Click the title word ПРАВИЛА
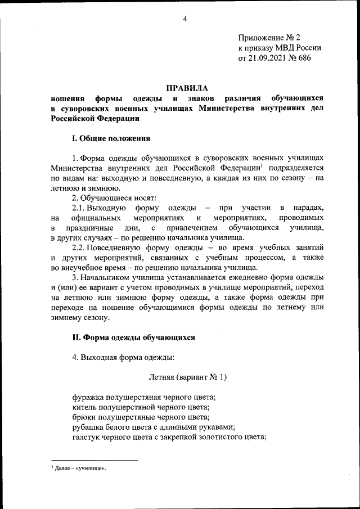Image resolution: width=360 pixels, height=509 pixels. click(186, 88)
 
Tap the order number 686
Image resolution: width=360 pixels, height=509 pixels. click(304, 57)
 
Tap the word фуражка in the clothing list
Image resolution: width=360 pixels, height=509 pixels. click(88, 397)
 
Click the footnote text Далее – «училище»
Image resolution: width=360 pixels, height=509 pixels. click(81, 468)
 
